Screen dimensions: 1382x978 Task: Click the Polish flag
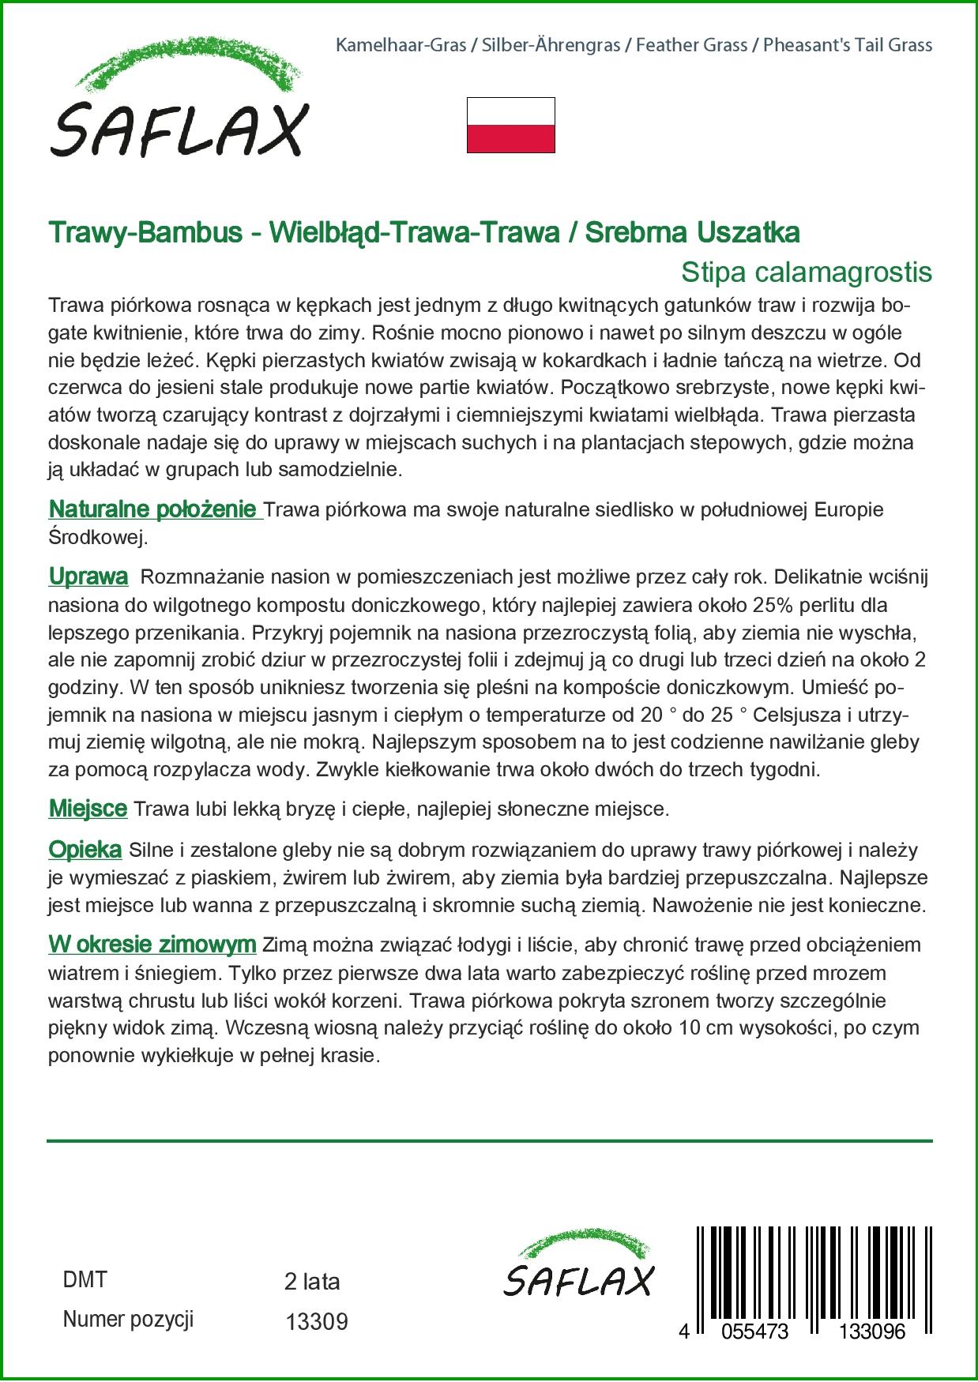(511, 125)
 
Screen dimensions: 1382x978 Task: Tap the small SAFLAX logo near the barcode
(579, 1264)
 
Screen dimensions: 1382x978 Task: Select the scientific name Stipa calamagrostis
(806, 272)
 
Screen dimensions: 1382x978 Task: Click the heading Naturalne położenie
(154, 509)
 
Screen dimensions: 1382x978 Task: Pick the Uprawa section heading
(88, 576)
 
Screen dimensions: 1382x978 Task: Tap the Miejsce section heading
(88, 809)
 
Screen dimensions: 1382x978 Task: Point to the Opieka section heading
(85, 850)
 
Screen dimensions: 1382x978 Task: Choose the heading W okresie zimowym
(152, 944)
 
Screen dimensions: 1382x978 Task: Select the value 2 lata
(312, 1282)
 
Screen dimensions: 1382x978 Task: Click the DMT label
(85, 1280)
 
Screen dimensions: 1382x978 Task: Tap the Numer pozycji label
(128, 1320)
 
